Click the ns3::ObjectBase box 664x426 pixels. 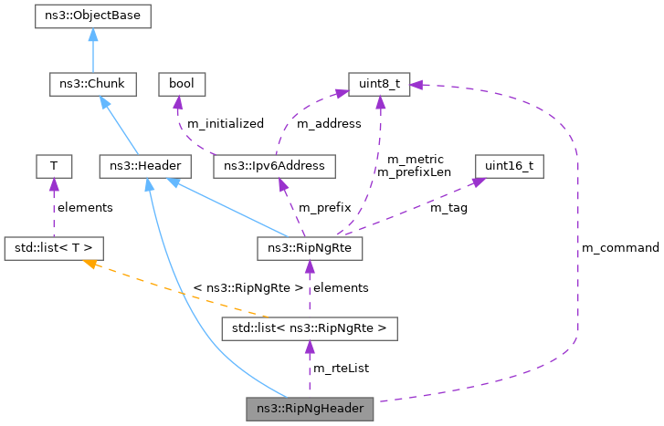92,16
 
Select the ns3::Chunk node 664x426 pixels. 92,85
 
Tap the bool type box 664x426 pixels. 182,85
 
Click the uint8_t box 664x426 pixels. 378,85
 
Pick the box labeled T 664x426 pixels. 54,166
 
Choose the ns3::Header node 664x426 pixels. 144,166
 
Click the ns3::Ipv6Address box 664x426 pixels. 274,166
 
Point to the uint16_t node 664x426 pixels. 509,166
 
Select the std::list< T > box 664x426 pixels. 54,247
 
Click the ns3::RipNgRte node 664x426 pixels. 311,247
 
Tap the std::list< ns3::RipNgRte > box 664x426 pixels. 311,327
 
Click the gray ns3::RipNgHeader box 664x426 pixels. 311,409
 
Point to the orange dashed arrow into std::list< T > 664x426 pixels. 164,287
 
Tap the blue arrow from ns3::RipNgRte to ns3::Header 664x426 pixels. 228,207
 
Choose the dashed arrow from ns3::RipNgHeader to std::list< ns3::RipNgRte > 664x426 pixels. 311,369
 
